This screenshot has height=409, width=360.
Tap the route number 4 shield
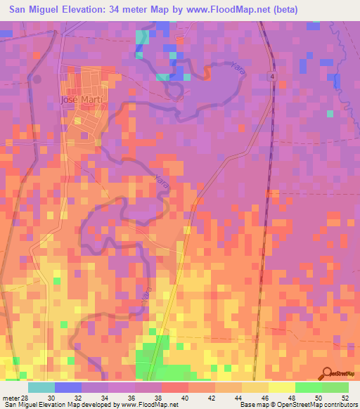click(x=271, y=77)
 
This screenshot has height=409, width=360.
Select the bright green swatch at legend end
click(x=335, y=387)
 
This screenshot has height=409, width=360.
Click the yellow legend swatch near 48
click(x=281, y=387)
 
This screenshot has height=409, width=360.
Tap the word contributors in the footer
click(x=340, y=405)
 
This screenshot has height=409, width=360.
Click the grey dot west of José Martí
click(x=37, y=79)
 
